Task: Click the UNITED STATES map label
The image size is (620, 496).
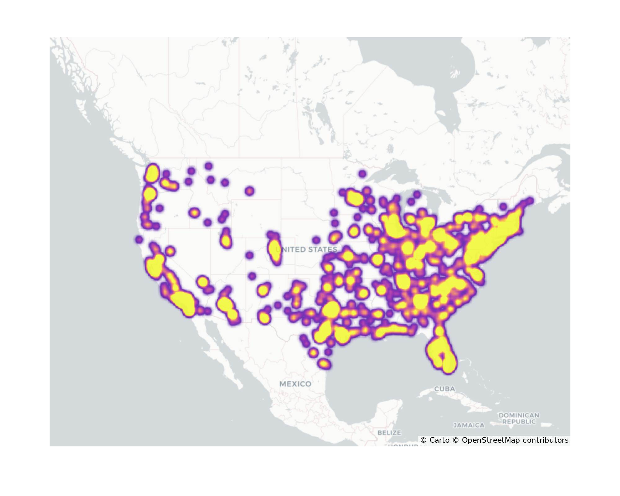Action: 306,250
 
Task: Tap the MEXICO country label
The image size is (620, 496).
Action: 295,384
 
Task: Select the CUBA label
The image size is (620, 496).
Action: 445,389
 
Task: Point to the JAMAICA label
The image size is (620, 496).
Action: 469,425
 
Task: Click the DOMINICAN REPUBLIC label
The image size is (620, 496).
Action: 519,418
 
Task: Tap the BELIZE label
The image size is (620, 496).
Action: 389,432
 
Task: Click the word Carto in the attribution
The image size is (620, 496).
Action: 439,440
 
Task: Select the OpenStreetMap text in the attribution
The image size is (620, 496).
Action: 491,440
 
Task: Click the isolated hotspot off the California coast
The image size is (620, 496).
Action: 139,239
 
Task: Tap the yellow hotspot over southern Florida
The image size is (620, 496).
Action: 449,363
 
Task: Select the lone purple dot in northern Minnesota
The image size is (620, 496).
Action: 362,174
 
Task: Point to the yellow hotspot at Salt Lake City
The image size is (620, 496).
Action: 226,241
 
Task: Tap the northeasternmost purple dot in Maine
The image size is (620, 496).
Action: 530,201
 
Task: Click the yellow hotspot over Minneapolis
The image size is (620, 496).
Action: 355,198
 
